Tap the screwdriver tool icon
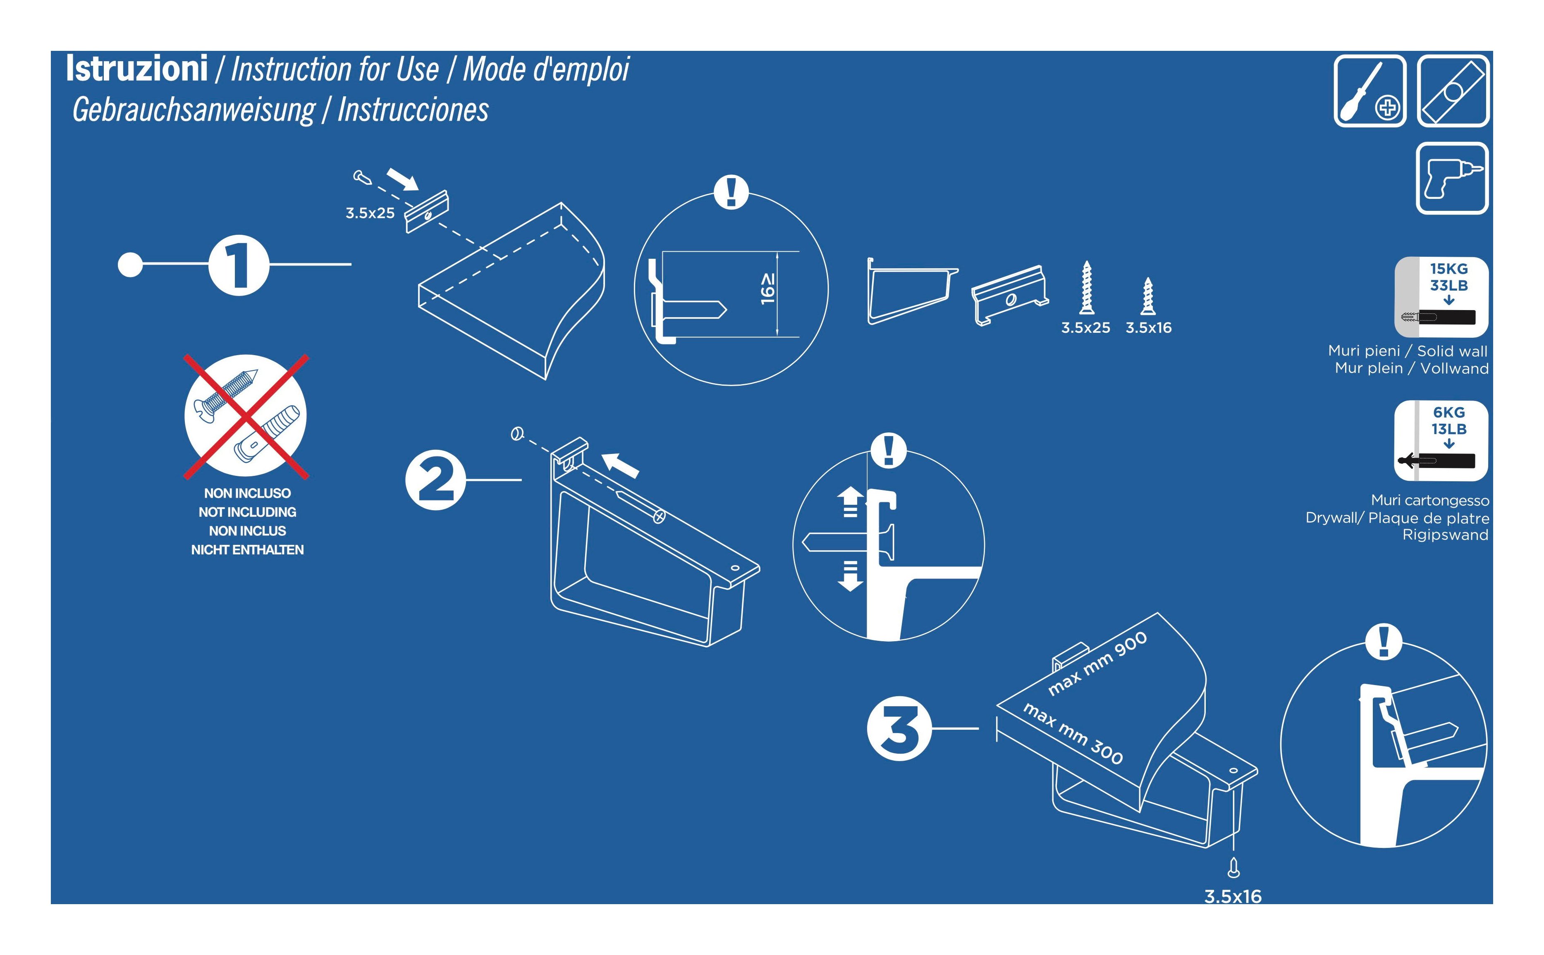(x=1370, y=91)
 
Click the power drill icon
(x=1452, y=178)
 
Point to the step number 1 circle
(x=239, y=265)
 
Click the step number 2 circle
(x=435, y=480)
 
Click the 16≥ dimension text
(x=767, y=289)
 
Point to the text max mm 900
(x=1097, y=664)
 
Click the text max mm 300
(x=1073, y=733)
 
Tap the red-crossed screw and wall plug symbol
(x=246, y=415)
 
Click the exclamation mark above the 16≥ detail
(x=731, y=191)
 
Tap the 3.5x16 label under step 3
(x=1233, y=897)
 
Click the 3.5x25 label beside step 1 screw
(x=370, y=213)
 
